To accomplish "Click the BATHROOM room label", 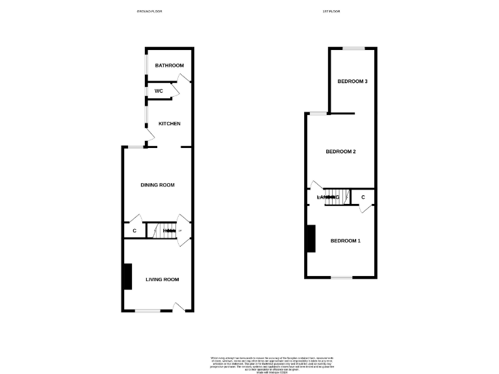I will tap(169, 66).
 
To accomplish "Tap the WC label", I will tap(159, 91).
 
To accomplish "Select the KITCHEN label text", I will tap(170, 123).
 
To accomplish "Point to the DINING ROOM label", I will tap(158, 185).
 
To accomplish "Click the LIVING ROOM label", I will tap(162, 279).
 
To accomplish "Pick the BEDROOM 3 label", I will tap(353, 81).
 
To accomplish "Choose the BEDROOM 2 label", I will tap(340, 152).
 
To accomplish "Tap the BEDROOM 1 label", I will tap(345, 241).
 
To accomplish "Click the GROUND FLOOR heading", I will tap(149, 12).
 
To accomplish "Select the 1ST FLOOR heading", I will tap(331, 12).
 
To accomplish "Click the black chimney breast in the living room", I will tap(128, 276).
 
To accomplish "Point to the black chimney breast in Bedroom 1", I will tap(312, 238).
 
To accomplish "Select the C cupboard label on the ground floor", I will tap(134, 231).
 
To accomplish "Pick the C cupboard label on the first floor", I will tap(363, 197).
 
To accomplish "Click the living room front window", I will tap(147, 310).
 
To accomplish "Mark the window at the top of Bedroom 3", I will tap(353, 48).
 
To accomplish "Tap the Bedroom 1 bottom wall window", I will tap(342, 277).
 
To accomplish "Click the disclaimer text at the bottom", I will tap(249, 362).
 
